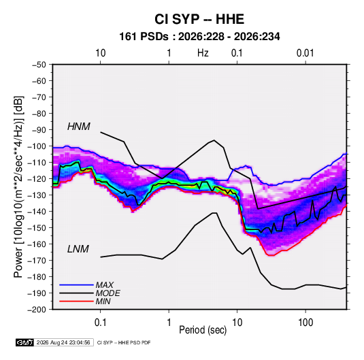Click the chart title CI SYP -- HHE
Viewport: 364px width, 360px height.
click(x=199, y=19)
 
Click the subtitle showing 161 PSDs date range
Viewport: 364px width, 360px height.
click(x=199, y=37)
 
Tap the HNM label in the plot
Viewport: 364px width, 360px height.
click(x=79, y=127)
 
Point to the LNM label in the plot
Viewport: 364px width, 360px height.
click(x=78, y=249)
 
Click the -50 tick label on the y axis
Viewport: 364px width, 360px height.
click(x=39, y=65)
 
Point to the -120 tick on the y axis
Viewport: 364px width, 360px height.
click(x=37, y=179)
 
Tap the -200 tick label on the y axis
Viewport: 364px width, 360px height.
click(x=37, y=310)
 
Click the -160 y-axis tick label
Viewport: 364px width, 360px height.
click(x=37, y=244)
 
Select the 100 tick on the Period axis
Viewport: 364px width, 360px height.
click(x=305, y=323)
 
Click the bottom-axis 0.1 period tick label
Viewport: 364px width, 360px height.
click(x=100, y=323)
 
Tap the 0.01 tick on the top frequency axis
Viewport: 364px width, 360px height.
click(x=305, y=53)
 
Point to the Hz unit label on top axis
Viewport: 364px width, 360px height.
click(x=203, y=53)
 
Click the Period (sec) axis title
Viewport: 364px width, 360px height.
click(x=203, y=330)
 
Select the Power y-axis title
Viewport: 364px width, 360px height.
click(x=18, y=187)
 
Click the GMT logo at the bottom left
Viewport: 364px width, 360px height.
click(x=24, y=342)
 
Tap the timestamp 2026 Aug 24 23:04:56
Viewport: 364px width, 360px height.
click(x=63, y=342)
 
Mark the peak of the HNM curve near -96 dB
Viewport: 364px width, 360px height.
click(x=214, y=140)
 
